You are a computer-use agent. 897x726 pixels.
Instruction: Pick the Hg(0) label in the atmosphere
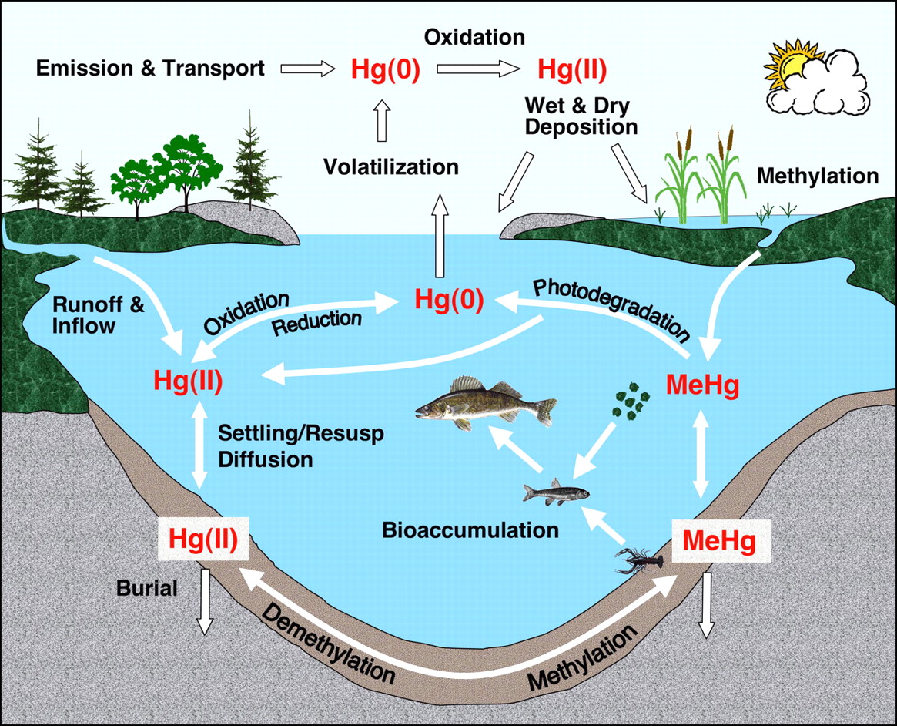pyautogui.click(x=385, y=69)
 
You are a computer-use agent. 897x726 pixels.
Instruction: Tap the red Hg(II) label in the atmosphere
pyautogui.click(x=572, y=69)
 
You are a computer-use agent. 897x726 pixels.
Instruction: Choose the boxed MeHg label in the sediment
pyautogui.click(x=719, y=541)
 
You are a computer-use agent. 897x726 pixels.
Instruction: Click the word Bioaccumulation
pyautogui.click(x=470, y=530)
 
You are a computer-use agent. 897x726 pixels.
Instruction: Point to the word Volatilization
pyautogui.click(x=390, y=166)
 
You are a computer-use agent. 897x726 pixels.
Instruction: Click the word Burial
pyautogui.click(x=147, y=589)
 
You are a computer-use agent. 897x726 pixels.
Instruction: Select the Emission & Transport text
pyautogui.click(x=151, y=68)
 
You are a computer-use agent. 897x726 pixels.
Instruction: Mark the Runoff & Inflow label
pyautogui.click(x=98, y=314)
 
